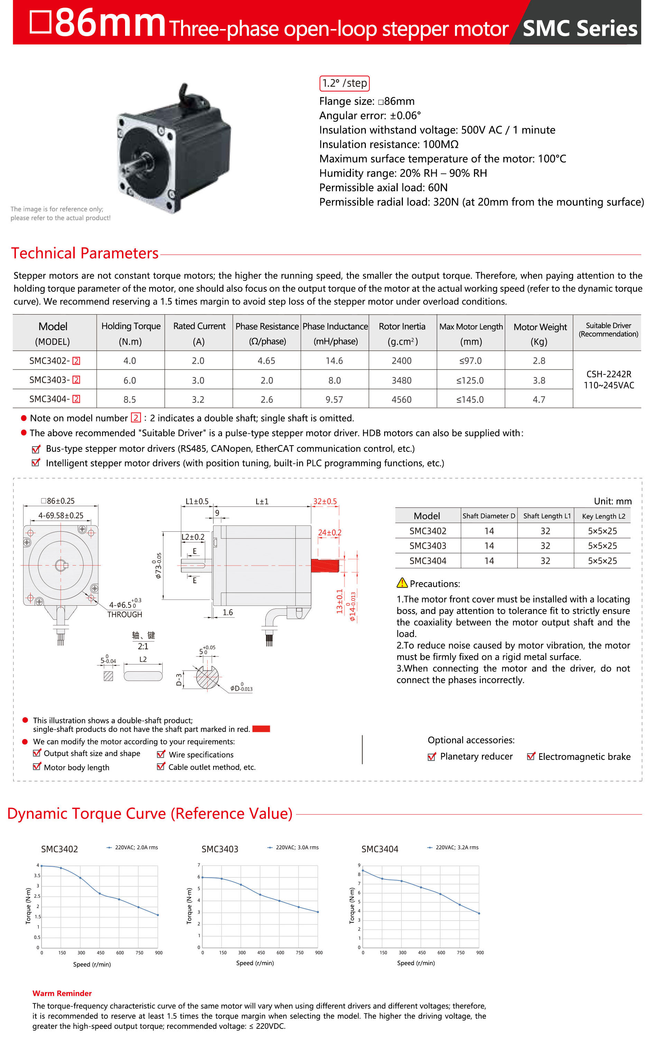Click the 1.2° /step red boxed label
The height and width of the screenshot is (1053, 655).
point(344,83)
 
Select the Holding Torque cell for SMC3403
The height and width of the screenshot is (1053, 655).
point(130,380)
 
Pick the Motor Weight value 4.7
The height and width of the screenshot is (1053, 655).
point(539,399)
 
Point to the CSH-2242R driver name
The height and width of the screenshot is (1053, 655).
point(608,374)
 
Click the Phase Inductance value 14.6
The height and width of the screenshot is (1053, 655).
point(334,361)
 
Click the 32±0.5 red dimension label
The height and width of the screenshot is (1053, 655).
point(325,501)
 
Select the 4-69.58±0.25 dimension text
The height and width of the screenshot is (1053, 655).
point(61,515)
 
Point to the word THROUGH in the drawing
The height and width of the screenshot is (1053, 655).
point(124,614)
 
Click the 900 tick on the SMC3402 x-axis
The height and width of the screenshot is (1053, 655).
point(159,952)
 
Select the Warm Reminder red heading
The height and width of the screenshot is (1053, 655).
point(62,993)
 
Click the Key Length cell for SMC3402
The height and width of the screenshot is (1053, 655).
point(602,531)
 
